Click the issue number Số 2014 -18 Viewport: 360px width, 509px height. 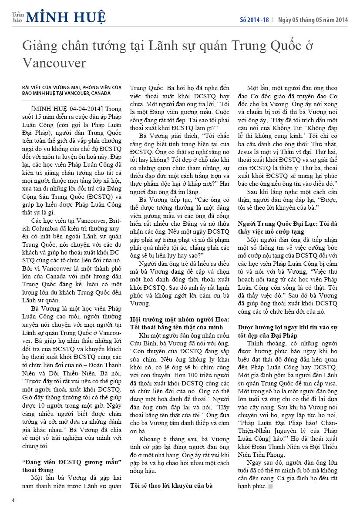(254, 20)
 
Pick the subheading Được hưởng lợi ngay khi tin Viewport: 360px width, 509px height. (289, 329)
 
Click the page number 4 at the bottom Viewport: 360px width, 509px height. (13, 499)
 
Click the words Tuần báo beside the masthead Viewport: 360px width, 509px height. (17, 17)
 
